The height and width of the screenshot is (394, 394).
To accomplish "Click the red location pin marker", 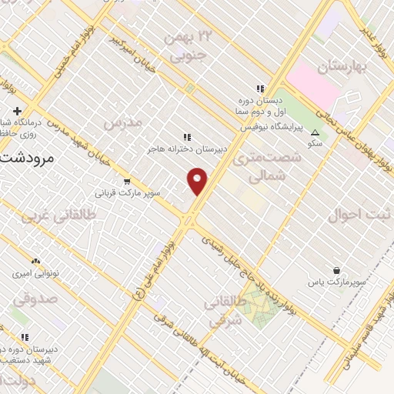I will tap(198, 181).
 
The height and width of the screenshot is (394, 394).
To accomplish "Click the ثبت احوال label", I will tap(355, 215).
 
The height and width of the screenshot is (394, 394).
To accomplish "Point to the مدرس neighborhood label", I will tap(123, 123).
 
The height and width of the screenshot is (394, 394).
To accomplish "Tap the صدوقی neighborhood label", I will tap(28, 297).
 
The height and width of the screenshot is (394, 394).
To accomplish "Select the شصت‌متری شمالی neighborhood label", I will tap(262, 167).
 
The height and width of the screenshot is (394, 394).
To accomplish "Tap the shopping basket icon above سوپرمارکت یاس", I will tap(336, 270).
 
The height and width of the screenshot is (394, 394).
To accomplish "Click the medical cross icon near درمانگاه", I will tap(15, 112).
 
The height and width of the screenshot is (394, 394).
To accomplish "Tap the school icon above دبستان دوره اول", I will tap(260, 88).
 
